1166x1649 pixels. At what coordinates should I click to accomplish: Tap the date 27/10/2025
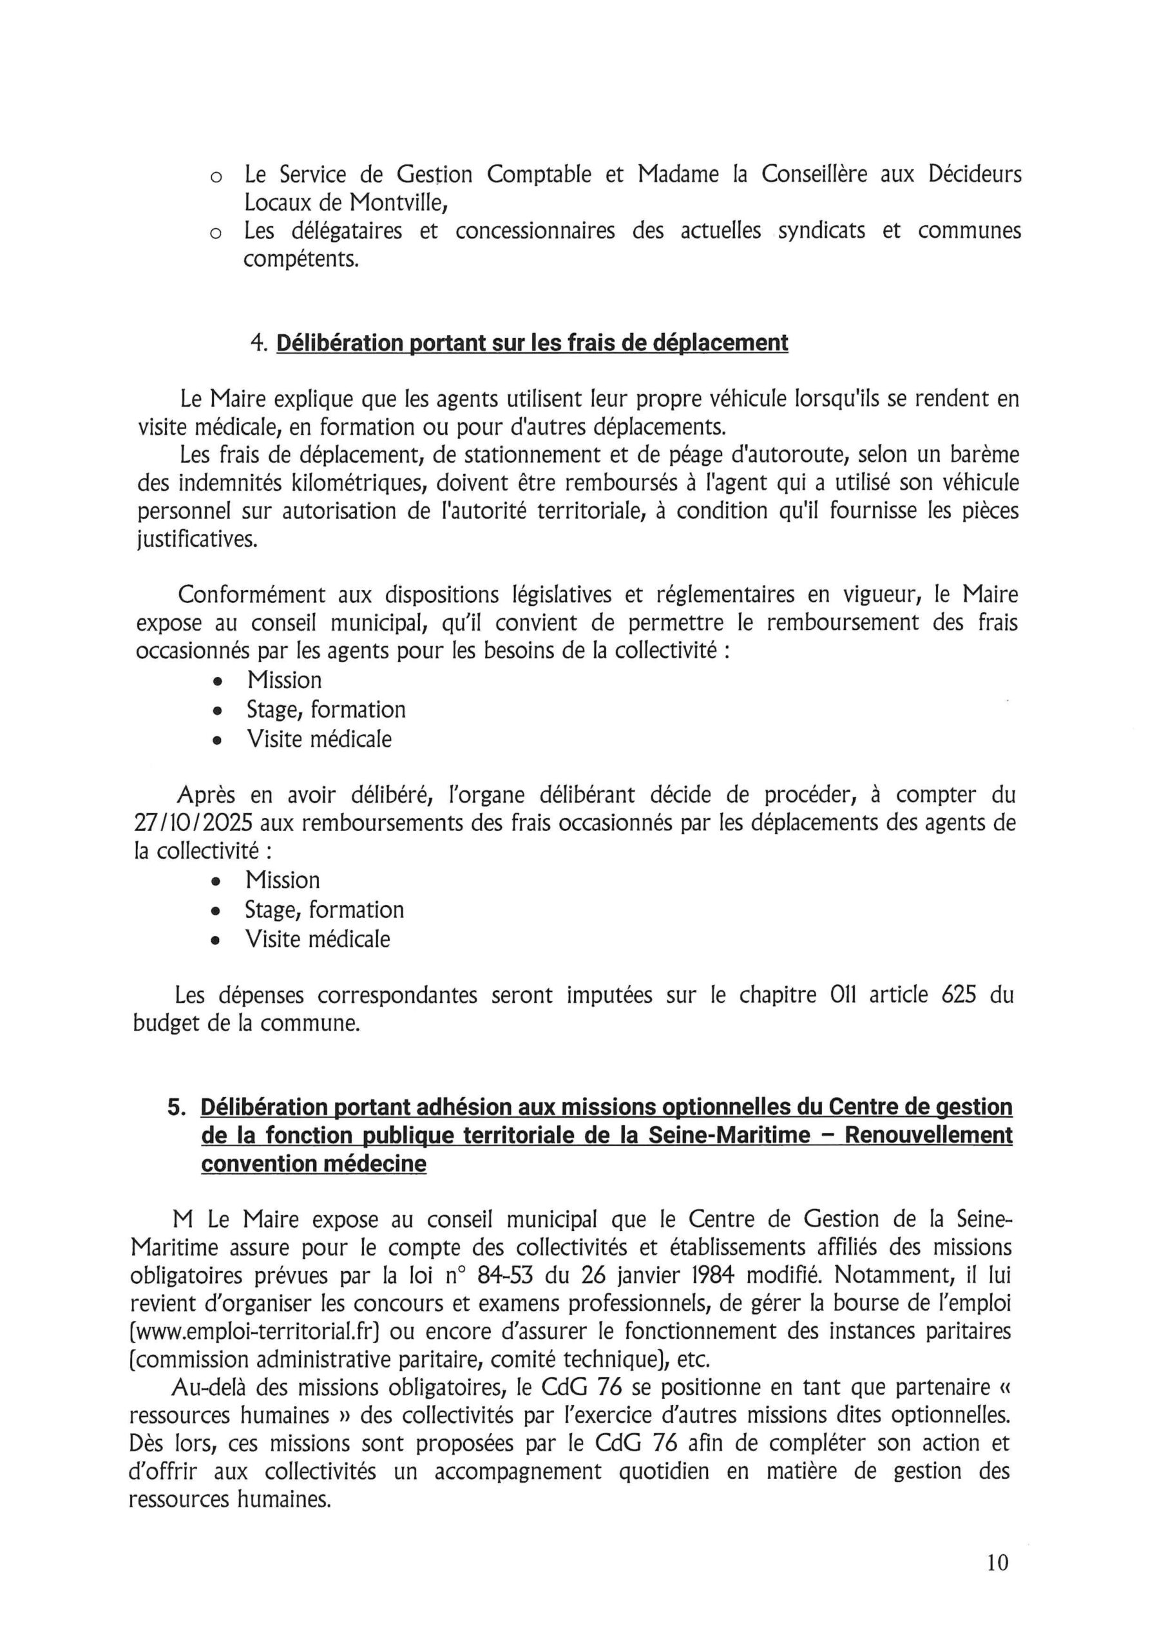coord(193,824)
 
